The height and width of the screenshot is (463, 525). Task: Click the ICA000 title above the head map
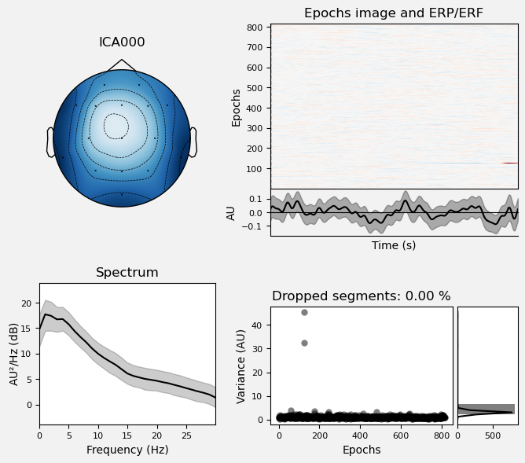[122, 42]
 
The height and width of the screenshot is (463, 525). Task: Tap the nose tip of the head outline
[122, 61]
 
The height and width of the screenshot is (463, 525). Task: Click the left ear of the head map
[50, 142]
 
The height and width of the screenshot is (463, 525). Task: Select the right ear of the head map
[193, 142]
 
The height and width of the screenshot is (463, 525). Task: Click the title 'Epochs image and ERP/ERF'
[394, 13]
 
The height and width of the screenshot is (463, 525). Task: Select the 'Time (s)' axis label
[394, 245]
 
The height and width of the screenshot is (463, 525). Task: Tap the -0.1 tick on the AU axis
[255, 227]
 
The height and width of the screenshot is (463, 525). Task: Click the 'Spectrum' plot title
[127, 273]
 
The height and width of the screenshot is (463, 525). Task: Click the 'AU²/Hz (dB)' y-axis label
[13, 354]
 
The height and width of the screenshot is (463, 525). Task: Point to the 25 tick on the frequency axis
[186, 435]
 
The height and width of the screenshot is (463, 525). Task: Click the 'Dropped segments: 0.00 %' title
[362, 296]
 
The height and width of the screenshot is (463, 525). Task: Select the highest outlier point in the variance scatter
[304, 312]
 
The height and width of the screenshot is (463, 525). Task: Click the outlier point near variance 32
[304, 343]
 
